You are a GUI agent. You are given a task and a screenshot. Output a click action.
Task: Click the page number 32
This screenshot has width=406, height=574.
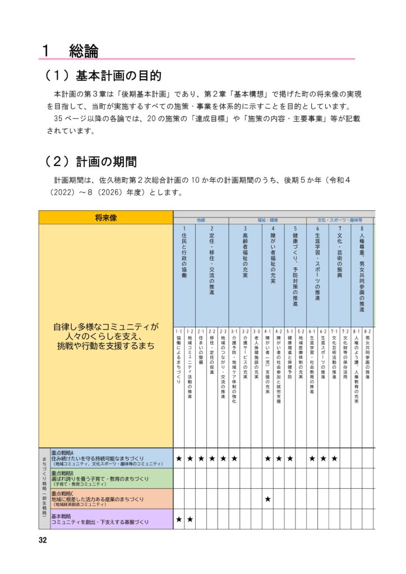coord(43,540)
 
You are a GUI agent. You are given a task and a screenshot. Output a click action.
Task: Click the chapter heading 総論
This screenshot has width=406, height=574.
coord(84,51)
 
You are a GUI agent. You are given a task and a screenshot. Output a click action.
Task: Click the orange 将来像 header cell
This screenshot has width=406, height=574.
coord(105,217)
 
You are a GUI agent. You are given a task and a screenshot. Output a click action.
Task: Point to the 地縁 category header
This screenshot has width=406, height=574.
coord(201,220)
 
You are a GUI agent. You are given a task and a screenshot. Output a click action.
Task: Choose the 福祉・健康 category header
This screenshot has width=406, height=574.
coord(268,220)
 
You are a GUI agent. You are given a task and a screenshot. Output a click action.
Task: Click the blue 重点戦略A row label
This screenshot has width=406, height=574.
coord(106,458)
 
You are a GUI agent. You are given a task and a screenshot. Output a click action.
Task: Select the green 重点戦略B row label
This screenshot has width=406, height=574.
coord(106,478)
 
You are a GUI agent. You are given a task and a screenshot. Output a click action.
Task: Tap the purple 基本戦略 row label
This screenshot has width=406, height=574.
coord(106,519)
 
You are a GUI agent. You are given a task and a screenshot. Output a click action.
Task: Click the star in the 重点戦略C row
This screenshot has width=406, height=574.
coord(267,499)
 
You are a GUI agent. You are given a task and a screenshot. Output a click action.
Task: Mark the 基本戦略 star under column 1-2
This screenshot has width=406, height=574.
coord(190,520)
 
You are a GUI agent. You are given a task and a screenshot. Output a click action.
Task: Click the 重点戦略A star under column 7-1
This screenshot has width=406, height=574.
coord(334,459)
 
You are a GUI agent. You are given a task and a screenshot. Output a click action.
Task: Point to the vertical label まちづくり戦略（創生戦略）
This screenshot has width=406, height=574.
coord(44,488)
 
